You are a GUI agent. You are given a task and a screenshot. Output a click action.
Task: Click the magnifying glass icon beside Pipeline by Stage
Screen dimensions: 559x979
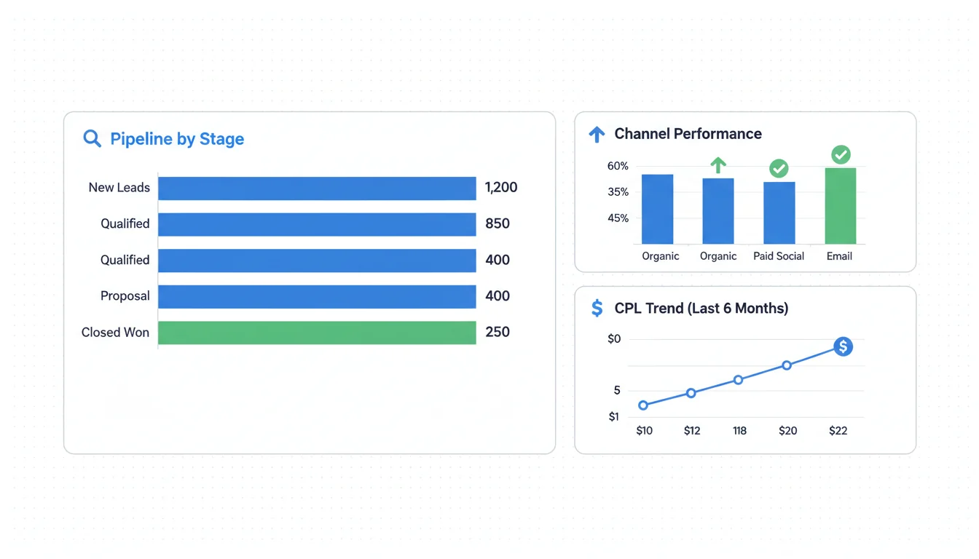92,138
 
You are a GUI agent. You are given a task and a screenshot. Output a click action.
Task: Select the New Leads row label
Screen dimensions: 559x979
119,188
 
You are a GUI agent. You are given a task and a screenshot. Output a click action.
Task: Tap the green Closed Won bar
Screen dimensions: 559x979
317,333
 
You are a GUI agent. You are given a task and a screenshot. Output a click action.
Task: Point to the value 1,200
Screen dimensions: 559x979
501,188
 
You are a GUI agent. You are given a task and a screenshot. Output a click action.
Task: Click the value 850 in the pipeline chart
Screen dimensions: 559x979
498,224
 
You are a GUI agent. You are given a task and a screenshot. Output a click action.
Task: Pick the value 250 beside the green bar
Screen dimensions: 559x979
498,333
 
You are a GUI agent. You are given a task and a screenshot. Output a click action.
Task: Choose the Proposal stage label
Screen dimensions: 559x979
125,296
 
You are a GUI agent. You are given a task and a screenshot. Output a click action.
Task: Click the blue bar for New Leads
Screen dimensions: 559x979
317,189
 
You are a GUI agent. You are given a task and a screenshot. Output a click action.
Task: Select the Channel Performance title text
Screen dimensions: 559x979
688,134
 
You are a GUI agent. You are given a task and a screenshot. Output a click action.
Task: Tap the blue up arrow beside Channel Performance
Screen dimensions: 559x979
597,134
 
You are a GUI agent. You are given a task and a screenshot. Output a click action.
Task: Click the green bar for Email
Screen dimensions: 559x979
840,206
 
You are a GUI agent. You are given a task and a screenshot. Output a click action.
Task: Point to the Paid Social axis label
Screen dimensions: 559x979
779,256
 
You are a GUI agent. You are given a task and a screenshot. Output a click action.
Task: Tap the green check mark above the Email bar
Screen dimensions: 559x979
841,154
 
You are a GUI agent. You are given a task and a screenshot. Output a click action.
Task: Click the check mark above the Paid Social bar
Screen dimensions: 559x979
779,169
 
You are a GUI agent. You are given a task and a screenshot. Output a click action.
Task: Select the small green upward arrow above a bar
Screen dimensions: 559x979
718,165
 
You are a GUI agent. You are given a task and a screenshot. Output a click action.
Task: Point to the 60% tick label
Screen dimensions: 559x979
618,167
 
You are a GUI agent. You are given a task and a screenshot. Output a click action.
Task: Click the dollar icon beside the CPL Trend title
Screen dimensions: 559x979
597,309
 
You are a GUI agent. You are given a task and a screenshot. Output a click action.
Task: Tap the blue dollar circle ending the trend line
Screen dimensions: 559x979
843,346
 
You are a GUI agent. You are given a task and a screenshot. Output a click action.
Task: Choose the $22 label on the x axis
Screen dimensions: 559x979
838,431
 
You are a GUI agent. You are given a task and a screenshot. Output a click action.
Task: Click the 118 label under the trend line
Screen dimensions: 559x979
739,431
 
